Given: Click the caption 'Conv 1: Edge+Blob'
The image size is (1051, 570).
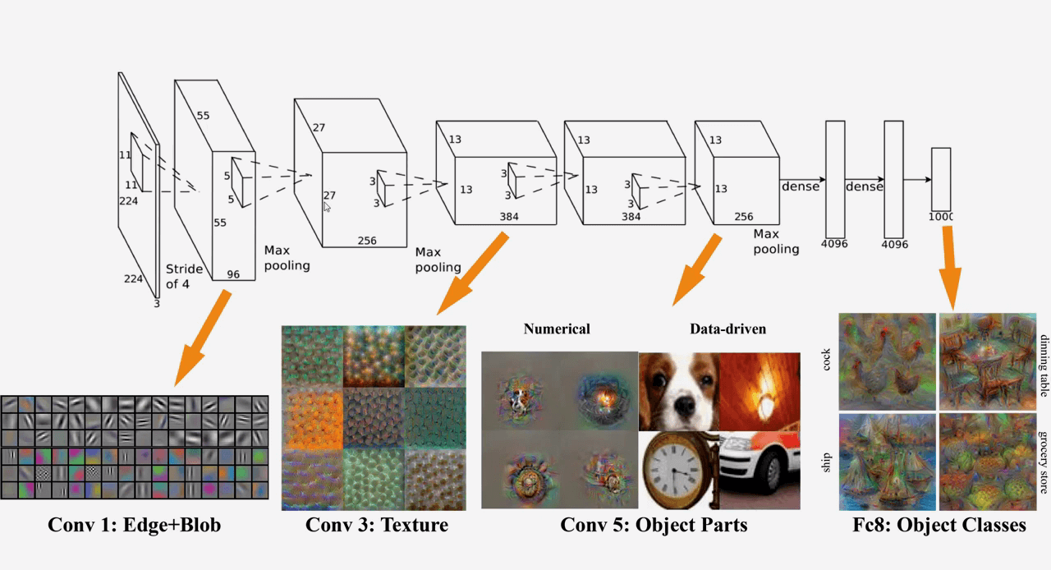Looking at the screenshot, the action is [x=134, y=526].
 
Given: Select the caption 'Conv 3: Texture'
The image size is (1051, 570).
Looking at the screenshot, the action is [x=377, y=525].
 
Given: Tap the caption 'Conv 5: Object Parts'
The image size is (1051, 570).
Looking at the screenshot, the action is [x=654, y=526].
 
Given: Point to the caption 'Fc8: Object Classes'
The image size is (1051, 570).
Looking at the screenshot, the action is [x=939, y=526].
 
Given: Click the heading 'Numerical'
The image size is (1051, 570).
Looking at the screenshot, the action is [x=557, y=329].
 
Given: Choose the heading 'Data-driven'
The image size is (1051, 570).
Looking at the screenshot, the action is [x=727, y=329].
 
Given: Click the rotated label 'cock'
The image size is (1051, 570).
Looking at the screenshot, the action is [x=826, y=359].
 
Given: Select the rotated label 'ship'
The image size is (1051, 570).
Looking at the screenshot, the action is [x=826, y=462].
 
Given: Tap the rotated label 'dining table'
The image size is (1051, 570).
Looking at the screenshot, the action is [x=1044, y=365].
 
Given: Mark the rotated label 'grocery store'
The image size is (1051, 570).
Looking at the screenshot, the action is [x=1044, y=462].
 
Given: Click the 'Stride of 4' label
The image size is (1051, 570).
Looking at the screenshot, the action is [x=184, y=277].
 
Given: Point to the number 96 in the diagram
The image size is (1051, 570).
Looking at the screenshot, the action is [x=233, y=274].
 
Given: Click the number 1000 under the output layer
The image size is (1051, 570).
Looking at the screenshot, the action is [x=941, y=217].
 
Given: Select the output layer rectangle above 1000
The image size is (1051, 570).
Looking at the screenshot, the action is [x=941, y=179].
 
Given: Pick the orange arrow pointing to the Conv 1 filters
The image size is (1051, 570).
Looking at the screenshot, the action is [x=202, y=338].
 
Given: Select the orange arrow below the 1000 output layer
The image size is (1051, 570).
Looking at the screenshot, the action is [x=949, y=268].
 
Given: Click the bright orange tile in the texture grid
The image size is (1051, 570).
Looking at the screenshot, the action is [x=312, y=418].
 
